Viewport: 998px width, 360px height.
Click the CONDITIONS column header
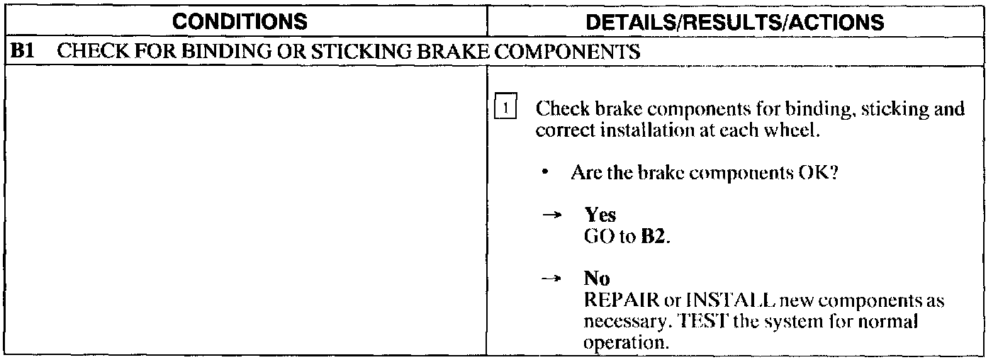click(240, 22)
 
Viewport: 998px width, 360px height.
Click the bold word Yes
click(600, 216)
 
